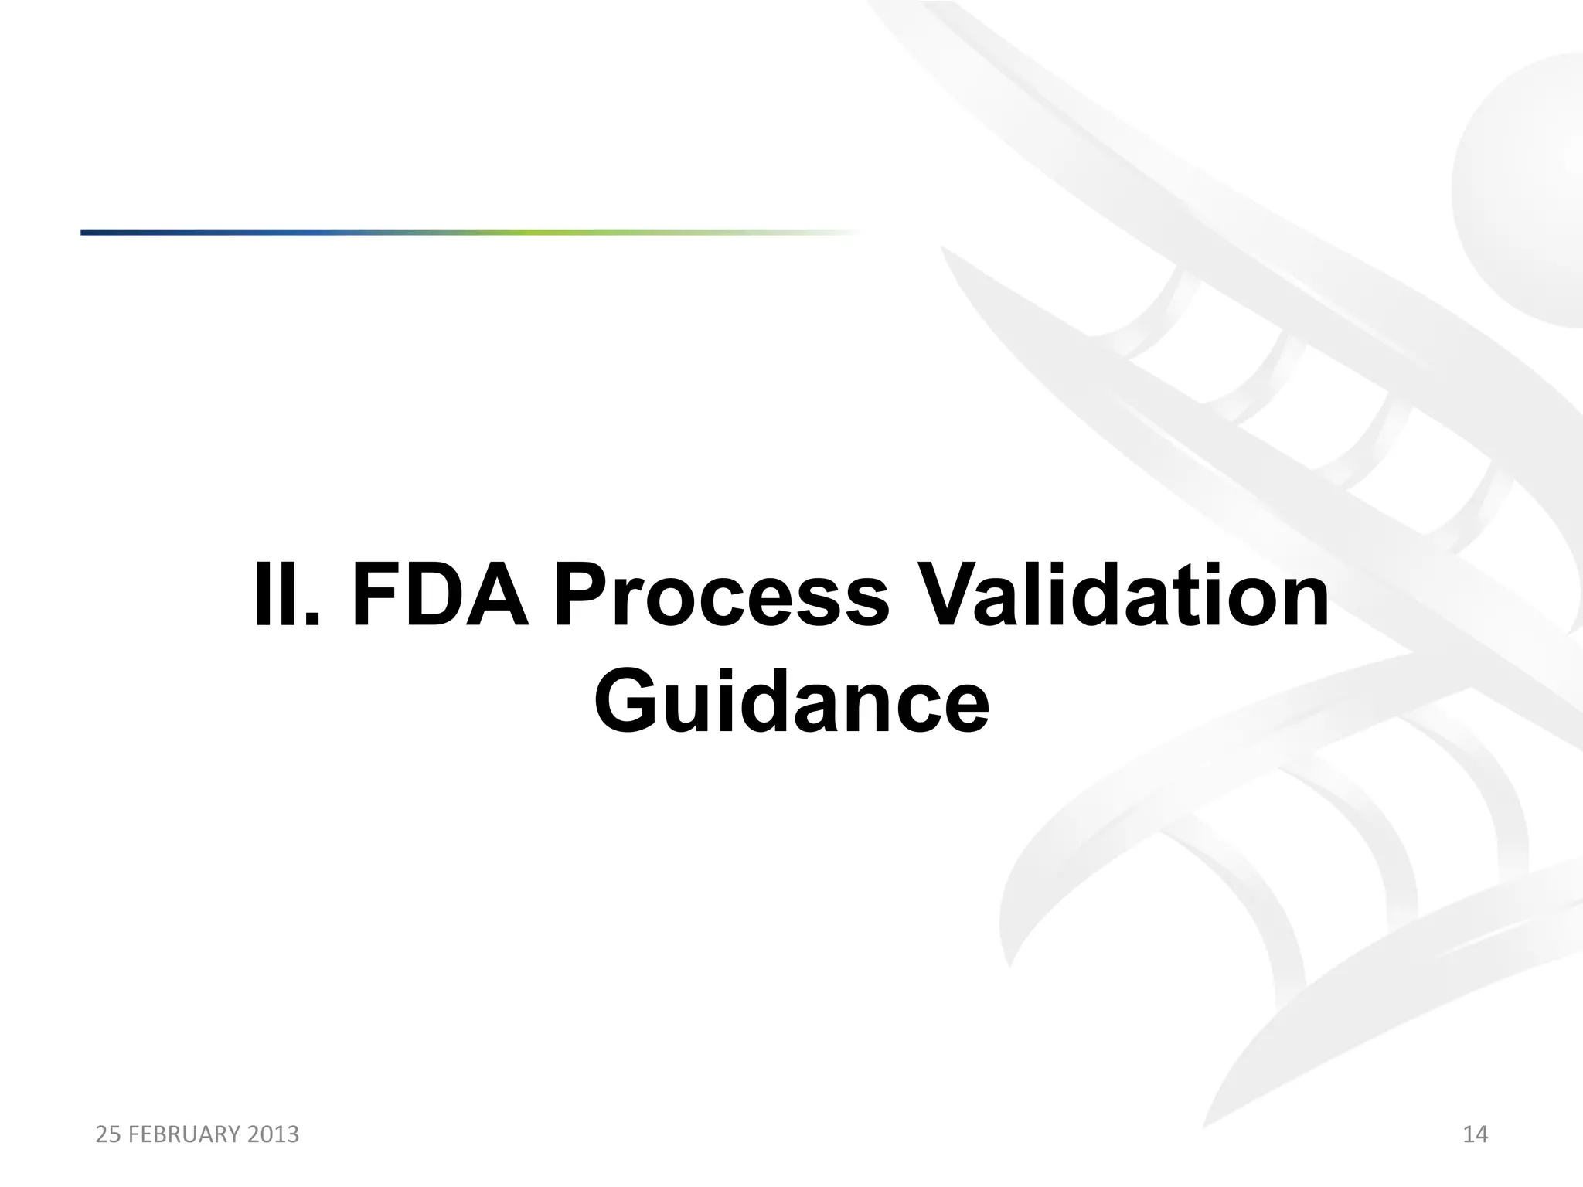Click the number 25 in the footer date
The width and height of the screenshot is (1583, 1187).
pos(107,1134)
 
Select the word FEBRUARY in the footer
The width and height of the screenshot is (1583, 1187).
pos(175,1134)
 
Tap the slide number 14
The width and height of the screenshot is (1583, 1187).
pos(1475,1134)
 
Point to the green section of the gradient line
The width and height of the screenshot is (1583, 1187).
pos(541,232)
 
